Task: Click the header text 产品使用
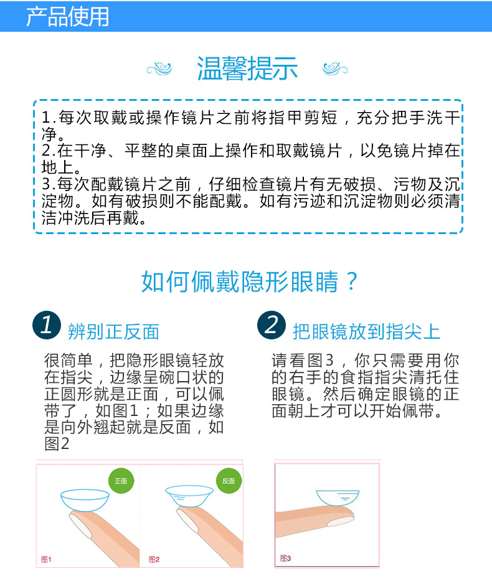click(x=67, y=16)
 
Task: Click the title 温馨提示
click(x=247, y=68)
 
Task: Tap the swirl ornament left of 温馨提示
click(x=163, y=68)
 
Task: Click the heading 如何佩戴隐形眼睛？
click(x=250, y=281)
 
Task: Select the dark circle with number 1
click(x=47, y=325)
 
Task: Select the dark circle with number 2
click(x=272, y=325)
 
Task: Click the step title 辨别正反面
click(x=113, y=331)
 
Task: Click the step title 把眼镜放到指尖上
click(x=366, y=331)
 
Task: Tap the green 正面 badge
click(x=121, y=481)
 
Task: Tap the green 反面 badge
click(x=229, y=481)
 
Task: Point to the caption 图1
click(x=45, y=559)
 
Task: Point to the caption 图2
click(x=154, y=559)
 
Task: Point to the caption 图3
click(x=285, y=558)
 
